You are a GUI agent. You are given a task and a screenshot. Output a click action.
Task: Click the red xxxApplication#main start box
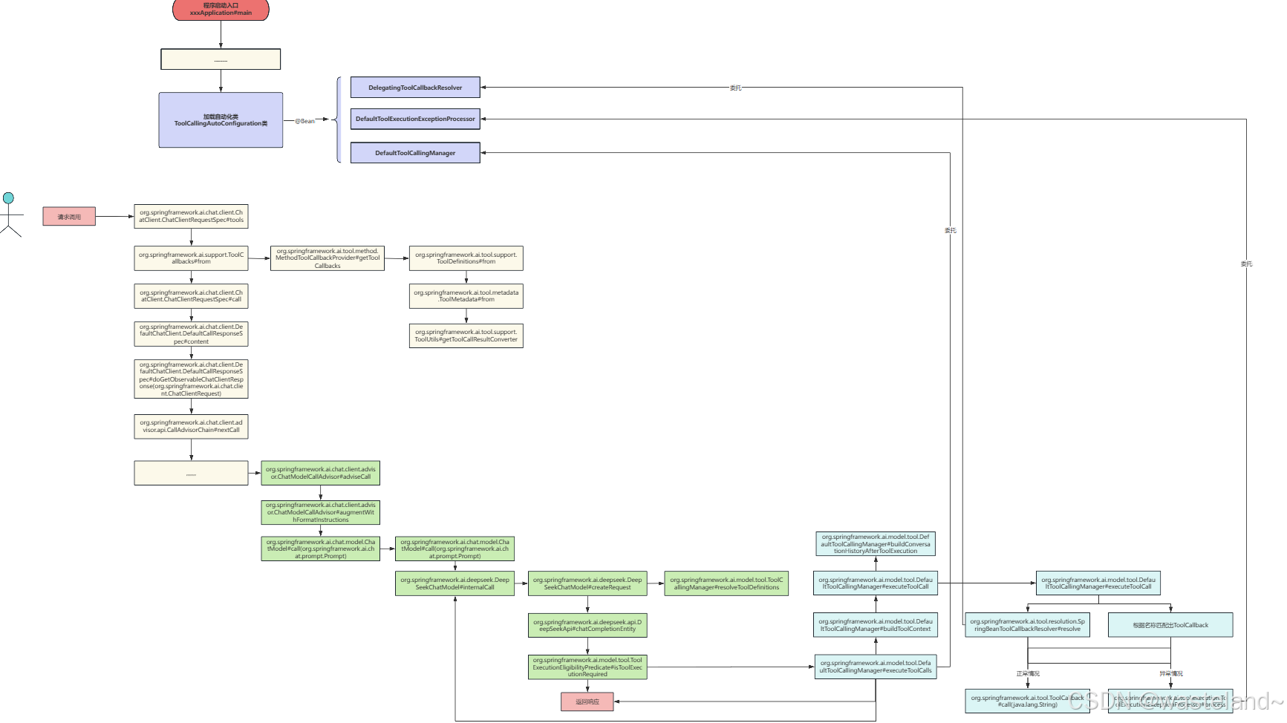click(x=221, y=10)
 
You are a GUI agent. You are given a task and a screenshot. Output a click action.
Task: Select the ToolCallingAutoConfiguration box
click(x=221, y=120)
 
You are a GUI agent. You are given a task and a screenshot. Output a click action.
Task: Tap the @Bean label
click(x=304, y=121)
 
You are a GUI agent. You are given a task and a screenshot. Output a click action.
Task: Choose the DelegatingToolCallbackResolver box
click(x=415, y=88)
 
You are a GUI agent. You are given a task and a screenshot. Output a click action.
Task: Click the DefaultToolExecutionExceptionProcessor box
click(x=415, y=119)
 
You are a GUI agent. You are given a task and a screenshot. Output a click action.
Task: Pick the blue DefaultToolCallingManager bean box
click(x=415, y=153)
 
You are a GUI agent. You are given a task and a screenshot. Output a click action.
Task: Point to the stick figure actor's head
click(x=8, y=198)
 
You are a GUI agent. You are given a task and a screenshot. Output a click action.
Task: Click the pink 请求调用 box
click(x=69, y=217)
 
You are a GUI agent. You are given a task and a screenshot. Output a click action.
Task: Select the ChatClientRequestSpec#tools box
click(x=191, y=216)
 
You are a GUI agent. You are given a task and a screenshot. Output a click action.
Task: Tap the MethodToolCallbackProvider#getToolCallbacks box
click(x=328, y=258)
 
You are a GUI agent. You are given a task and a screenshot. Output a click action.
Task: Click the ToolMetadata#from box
click(x=466, y=296)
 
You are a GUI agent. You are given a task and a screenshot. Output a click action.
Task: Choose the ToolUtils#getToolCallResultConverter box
click(x=466, y=336)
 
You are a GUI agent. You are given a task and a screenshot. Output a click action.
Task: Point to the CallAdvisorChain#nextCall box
click(x=191, y=426)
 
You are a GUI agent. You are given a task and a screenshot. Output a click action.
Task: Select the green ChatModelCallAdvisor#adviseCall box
click(x=321, y=473)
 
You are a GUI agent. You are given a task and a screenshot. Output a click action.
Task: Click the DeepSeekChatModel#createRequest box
click(x=587, y=583)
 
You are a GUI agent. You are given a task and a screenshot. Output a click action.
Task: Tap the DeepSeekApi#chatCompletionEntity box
click(x=587, y=626)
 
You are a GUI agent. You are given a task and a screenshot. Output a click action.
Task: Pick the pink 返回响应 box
click(x=587, y=701)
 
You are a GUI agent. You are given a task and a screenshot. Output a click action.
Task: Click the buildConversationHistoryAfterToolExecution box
click(x=876, y=544)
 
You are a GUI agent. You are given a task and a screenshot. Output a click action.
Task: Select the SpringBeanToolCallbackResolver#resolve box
click(x=1027, y=625)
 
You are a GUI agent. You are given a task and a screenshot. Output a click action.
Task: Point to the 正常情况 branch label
click(x=1028, y=674)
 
